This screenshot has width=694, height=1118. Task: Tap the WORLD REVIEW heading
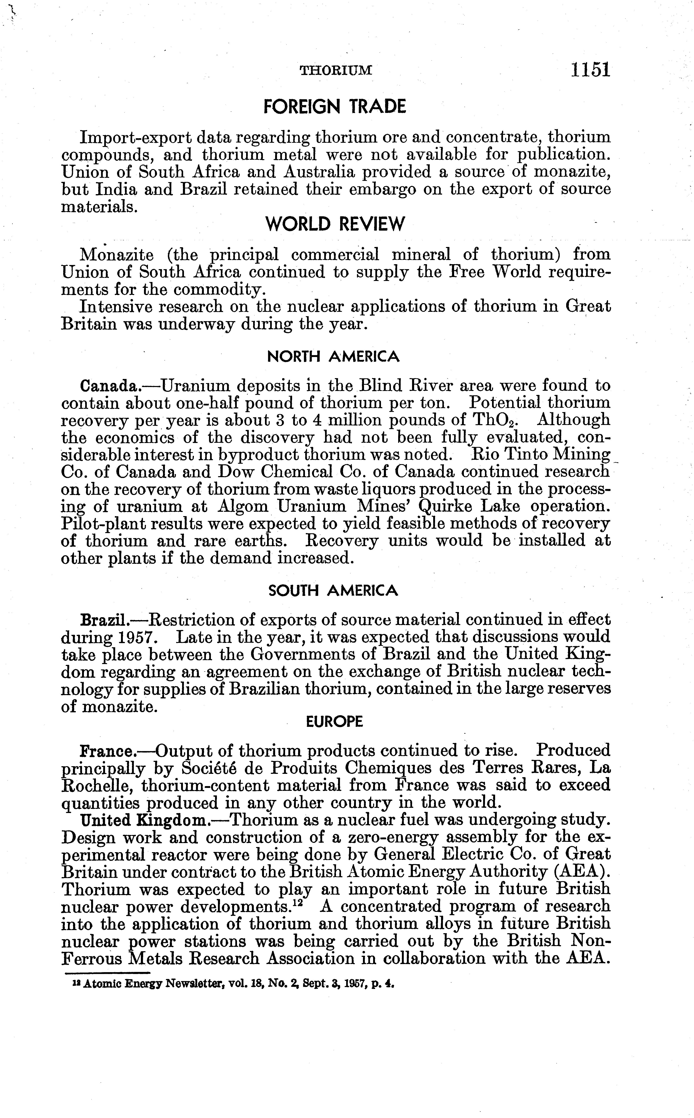[335, 224]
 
